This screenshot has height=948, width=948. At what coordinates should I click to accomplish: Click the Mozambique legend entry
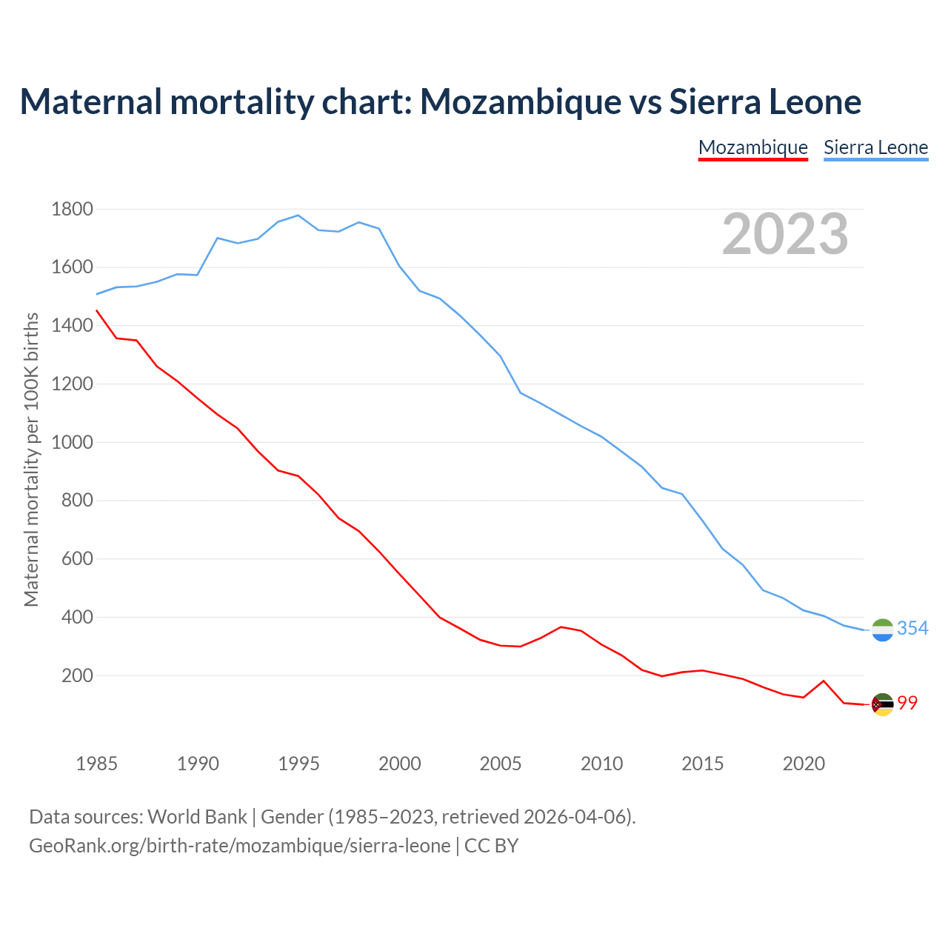[x=752, y=147]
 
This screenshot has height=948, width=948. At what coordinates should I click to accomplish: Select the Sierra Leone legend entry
[x=875, y=147]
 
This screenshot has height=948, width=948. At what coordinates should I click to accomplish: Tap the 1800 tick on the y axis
[x=72, y=209]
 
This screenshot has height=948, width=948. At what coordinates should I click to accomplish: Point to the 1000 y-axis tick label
[x=72, y=442]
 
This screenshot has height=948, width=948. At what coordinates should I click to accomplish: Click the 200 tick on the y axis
[x=77, y=675]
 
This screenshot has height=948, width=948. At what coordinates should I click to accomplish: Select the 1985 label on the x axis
[x=96, y=764]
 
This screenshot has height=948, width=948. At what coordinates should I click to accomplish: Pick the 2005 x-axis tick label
[x=501, y=764]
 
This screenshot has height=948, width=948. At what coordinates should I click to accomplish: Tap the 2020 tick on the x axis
[x=804, y=764]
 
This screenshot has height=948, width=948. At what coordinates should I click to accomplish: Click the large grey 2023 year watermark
[x=785, y=234]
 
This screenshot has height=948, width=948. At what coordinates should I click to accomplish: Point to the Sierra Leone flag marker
[x=882, y=630]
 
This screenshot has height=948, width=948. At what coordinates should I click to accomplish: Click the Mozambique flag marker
[x=882, y=704]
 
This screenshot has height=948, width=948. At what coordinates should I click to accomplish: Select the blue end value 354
[x=912, y=629]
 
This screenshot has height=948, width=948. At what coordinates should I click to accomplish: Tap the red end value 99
[x=907, y=704]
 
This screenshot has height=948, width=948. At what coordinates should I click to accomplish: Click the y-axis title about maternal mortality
[x=31, y=459]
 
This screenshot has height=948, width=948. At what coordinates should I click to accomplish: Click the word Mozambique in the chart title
[x=521, y=101]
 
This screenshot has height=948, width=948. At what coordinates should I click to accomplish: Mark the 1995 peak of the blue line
[x=298, y=216]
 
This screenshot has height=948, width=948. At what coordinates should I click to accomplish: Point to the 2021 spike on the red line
[x=824, y=681]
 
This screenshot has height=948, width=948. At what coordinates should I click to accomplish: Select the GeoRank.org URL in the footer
[x=239, y=846]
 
